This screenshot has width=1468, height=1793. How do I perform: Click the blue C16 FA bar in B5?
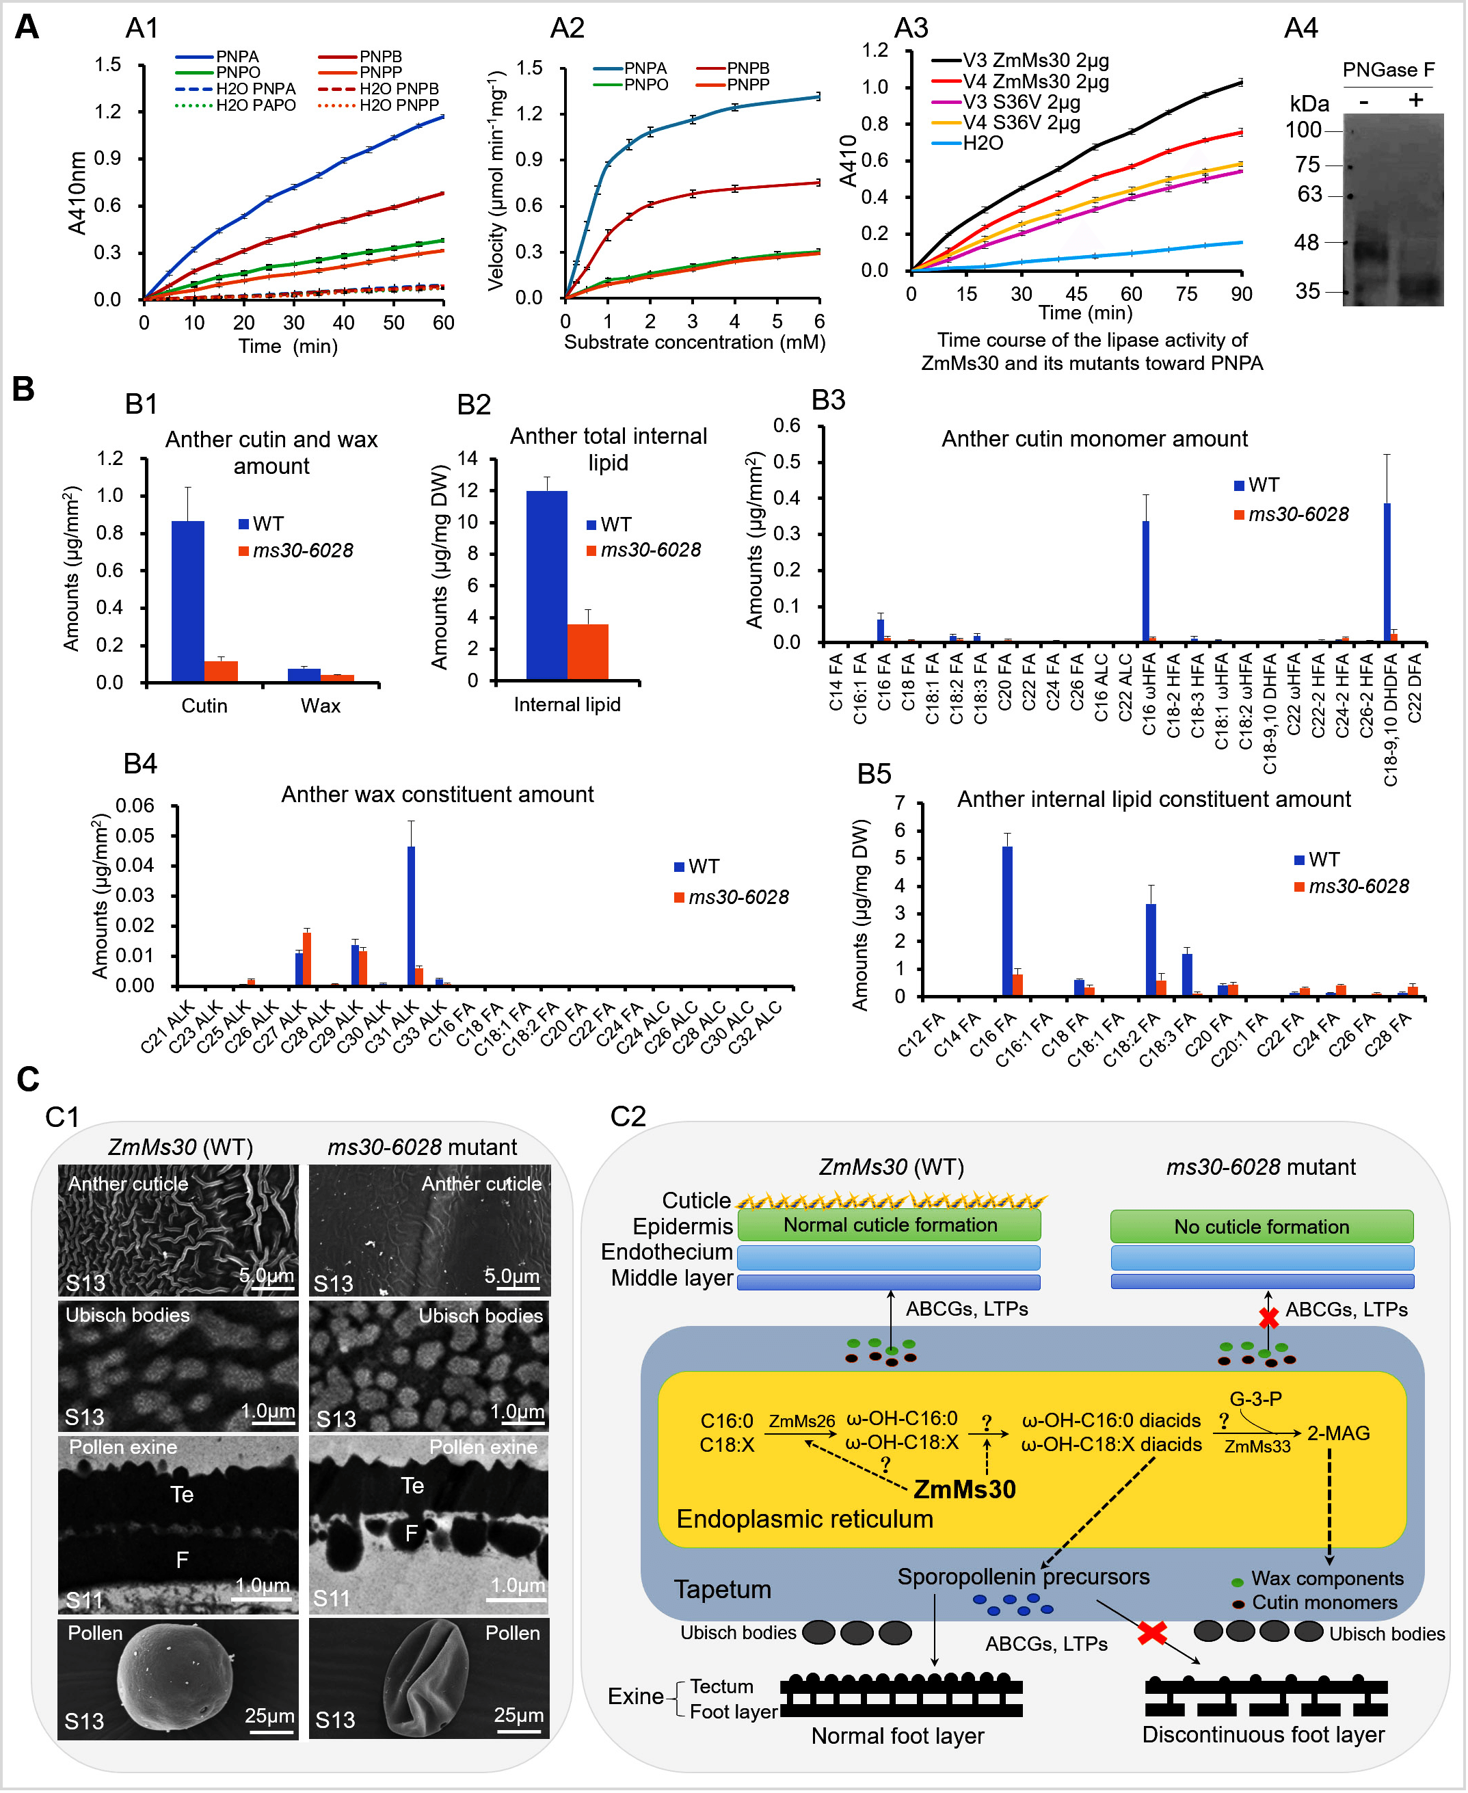[x=1007, y=921]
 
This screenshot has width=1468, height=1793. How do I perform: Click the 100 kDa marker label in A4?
[x=1303, y=130]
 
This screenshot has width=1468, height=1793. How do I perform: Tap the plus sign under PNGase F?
[x=1415, y=100]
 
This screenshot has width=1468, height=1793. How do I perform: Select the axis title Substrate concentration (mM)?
[x=694, y=343]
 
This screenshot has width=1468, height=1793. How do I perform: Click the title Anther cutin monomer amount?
[x=1094, y=439]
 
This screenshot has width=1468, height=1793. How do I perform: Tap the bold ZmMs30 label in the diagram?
[x=964, y=1489]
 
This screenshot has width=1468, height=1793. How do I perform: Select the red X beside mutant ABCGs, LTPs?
[x=1268, y=1318]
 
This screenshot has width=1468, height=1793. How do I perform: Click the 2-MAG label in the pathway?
[x=1338, y=1433]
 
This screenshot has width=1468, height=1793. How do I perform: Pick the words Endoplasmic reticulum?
[x=804, y=1519]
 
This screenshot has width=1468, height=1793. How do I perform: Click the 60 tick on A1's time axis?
[x=443, y=323]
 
